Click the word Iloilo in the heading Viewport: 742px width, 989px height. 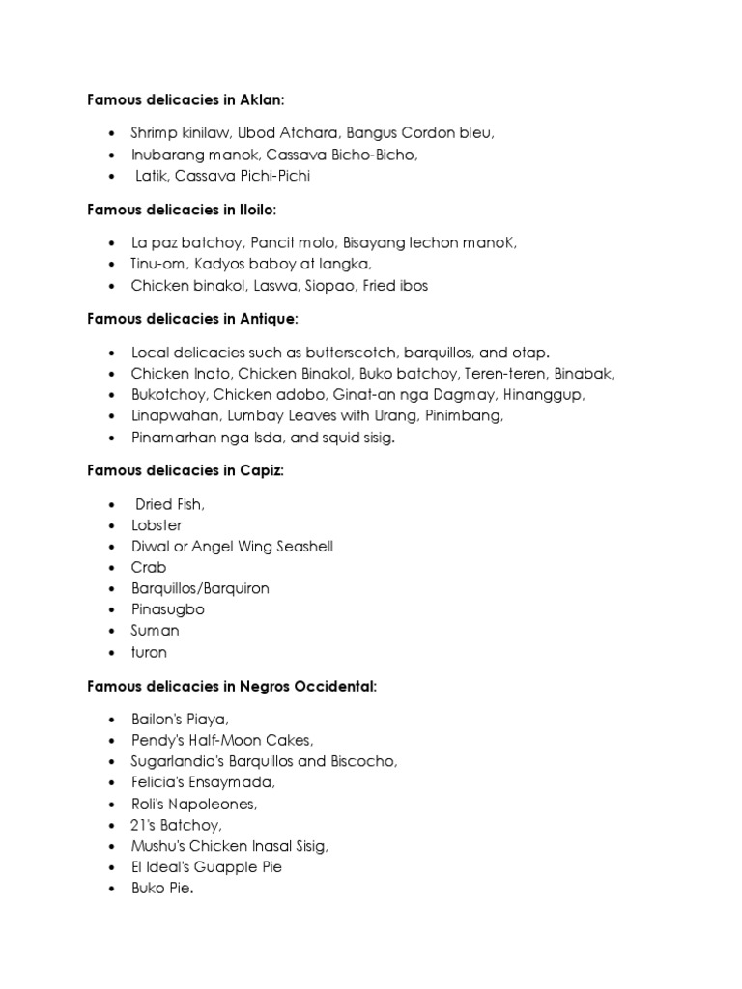point(255,211)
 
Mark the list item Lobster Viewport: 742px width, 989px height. point(157,525)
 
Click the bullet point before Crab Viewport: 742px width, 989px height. point(112,568)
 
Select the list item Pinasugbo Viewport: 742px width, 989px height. point(168,609)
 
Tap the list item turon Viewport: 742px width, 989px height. point(150,652)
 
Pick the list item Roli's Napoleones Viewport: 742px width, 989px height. point(194,804)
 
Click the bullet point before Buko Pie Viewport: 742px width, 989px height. point(112,889)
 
